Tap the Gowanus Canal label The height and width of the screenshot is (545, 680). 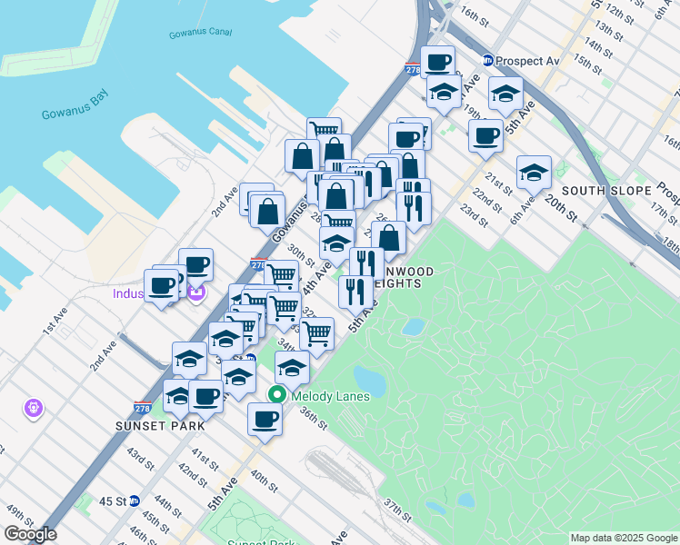[200, 35]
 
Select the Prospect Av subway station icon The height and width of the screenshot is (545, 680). [488, 61]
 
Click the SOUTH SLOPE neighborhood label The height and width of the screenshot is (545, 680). [605, 191]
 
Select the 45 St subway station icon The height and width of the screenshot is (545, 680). [134, 500]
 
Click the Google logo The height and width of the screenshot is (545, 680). [30, 534]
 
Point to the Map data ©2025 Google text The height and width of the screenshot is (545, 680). [623, 538]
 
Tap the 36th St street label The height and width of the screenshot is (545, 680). [314, 420]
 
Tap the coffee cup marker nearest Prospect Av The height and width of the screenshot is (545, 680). [437, 62]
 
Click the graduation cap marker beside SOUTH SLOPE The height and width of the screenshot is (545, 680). [534, 172]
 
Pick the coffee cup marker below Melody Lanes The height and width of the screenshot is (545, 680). [265, 419]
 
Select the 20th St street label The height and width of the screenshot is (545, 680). [563, 210]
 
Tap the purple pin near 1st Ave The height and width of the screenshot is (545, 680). [34, 409]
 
